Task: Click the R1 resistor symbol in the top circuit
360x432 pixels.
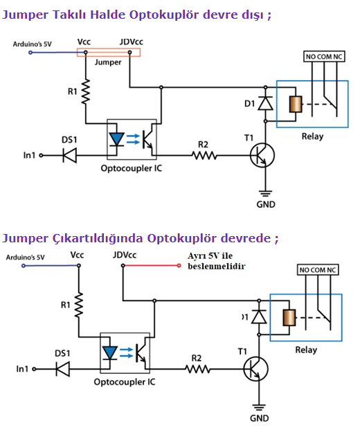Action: click(86, 92)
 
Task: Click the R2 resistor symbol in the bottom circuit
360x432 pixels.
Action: click(197, 369)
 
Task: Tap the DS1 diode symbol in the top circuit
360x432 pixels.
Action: click(69, 155)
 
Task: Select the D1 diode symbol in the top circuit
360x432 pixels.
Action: click(266, 103)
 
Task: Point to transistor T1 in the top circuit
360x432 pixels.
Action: click(262, 155)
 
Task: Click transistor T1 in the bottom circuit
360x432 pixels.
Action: click(255, 369)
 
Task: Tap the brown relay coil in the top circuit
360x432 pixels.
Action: click(296, 104)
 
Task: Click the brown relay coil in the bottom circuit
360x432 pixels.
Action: click(289, 318)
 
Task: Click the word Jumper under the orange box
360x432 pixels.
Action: click(108, 62)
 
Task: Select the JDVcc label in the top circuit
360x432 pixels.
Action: click(132, 42)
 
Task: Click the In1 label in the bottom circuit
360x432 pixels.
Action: click(22, 369)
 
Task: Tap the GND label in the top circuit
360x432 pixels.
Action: click(266, 204)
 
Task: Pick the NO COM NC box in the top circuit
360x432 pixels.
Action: click(324, 57)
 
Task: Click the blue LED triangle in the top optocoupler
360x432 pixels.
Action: click(116, 139)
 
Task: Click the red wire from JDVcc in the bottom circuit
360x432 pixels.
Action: click(151, 266)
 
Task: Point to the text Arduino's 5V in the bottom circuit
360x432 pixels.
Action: click(26, 258)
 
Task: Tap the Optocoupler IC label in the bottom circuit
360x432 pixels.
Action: click(125, 382)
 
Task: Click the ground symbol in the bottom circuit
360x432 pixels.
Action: click(259, 407)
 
